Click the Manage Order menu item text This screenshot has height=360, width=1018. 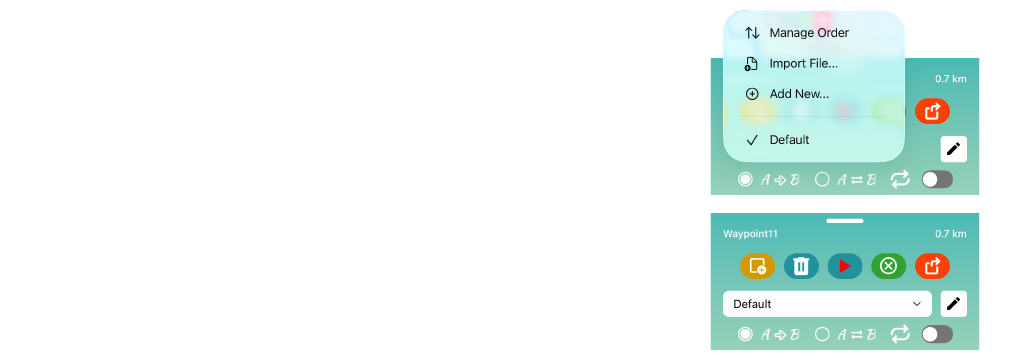tap(809, 32)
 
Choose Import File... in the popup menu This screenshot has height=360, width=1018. tap(804, 64)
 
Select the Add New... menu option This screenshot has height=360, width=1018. tap(799, 94)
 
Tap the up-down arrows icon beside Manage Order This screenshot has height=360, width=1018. tap(752, 33)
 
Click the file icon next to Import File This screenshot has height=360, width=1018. tap(751, 64)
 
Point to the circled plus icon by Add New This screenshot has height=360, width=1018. tap(752, 94)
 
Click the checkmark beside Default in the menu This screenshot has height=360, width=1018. tap(752, 140)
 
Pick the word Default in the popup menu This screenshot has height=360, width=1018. tap(789, 140)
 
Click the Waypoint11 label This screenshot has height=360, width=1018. tap(751, 234)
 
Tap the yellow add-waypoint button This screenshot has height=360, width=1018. tap(758, 266)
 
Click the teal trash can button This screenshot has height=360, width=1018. tap(801, 266)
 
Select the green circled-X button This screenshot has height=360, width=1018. tap(888, 266)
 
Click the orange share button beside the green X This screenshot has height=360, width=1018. tap(932, 266)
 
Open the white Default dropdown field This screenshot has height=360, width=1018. tap(827, 303)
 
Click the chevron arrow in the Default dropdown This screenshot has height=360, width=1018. tap(917, 303)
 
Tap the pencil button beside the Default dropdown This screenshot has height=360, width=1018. tap(954, 303)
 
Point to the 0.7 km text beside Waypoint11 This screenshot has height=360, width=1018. tap(950, 234)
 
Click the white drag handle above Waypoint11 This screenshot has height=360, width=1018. tap(845, 221)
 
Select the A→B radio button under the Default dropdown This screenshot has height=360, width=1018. tap(745, 334)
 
